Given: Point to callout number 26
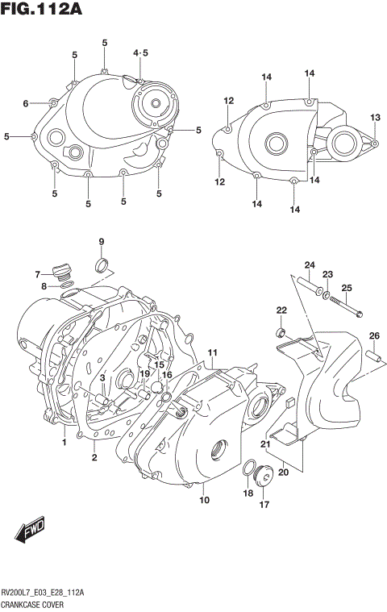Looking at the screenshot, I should click(374, 335).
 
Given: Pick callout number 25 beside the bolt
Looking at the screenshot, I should click(347, 288).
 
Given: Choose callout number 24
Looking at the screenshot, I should click(309, 265).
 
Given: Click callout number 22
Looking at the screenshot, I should click(281, 310).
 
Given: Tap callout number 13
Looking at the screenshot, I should click(374, 118).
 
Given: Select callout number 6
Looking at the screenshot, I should click(26, 103).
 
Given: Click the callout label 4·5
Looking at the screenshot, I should click(141, 53).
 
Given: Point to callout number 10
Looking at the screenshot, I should click(205, 500).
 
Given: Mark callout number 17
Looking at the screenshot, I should click(264, 506).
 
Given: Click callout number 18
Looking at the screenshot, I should click(248, 492).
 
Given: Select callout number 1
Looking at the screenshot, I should click(64, 443).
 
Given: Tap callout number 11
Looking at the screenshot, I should click(213, 353).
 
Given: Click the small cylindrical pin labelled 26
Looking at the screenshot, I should click(373, 355).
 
